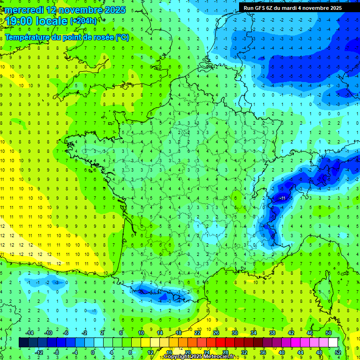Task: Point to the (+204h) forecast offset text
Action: pyautogui.click(x=83, y=21)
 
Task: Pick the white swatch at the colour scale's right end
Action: pyautogui.click(x=333, y=343)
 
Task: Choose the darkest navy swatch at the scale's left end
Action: pyautogui.click(x=23, y=343)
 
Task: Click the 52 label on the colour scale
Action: pyautogui.click(x=338, y=352)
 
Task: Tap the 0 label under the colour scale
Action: pyautogui.click(x=93, y=352)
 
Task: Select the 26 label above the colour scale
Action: pyautogui.click(x=216, y=332)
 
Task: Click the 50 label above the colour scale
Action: pyautogui.click(x=329, y=332)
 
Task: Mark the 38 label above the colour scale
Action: pyautogui.click(x=272, y=332)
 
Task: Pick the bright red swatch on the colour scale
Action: pyautogui.click(x=221, y=343)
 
